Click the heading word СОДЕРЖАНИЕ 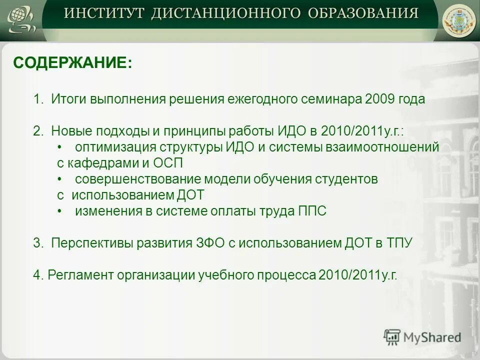(x=72, y=63)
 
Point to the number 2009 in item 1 (x=379, y=99)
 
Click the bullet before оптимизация (x=59, y=147)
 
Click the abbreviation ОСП (x=169, y=163)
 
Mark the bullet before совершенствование (x=59, y=179)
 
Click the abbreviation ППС (x=312, y=211)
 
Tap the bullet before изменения (x=59, y=211)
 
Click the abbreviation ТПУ (x=399, y=243)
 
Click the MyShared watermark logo (x=422, y=337)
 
